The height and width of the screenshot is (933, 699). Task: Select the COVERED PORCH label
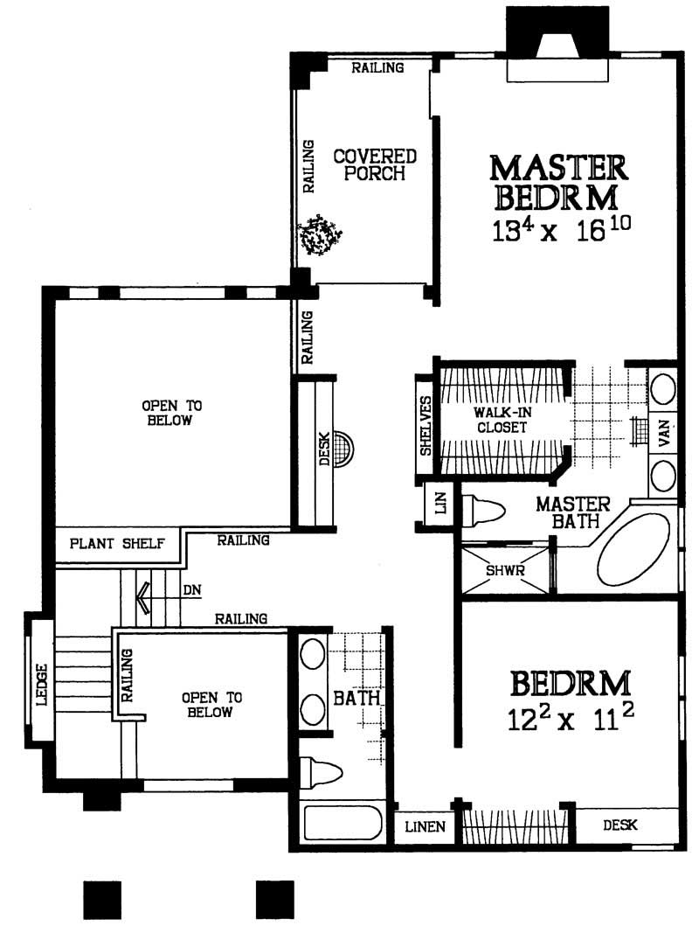click(x=375, y=164)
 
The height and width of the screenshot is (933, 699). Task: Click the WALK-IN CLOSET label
click(x=500, y=420)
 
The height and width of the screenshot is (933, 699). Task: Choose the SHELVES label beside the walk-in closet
click(x=426, y=425)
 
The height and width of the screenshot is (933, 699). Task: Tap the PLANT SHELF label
click(x=118, y=543)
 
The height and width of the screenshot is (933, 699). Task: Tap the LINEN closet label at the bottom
click(x=426, y=826)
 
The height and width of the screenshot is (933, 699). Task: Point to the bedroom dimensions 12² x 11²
click(x=570, y=720)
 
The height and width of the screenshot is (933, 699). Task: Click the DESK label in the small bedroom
click(x=620, y=825)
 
